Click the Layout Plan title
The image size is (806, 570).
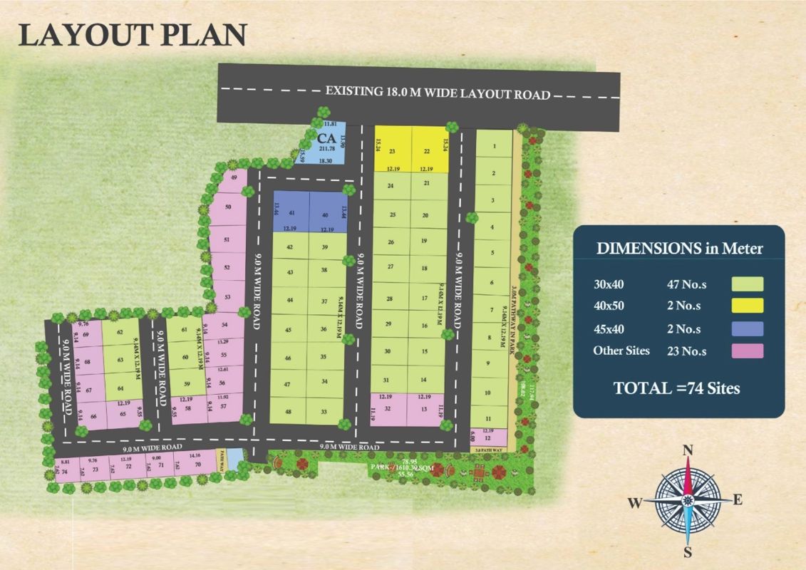(133, 35)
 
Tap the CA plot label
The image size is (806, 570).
(326, 138)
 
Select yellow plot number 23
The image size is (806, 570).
(392, 151)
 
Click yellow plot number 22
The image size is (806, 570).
(427, 151)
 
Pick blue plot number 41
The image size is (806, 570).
(291, 214)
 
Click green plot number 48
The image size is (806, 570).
(289, 412)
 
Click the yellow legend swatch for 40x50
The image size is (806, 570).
(747, 306)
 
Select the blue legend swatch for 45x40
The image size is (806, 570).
(747, 328)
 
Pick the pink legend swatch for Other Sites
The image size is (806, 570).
(747, 351)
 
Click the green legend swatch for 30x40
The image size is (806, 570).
(747, 284)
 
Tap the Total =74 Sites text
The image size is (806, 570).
(676, 388)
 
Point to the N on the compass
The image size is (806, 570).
(688, 450)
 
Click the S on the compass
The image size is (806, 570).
(688, 551)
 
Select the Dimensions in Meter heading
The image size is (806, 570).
(679, 249)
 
